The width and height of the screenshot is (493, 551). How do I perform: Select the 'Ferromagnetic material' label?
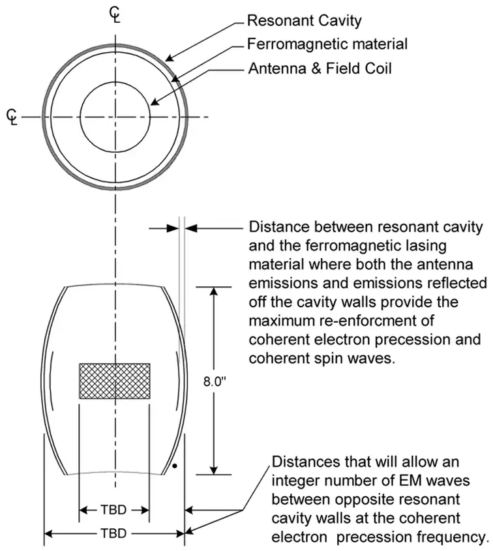(328, 44)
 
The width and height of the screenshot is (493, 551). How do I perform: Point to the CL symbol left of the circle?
(12, 117)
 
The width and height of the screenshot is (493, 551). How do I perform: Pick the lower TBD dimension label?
(114, 533)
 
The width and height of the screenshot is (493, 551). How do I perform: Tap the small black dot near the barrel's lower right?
(174, 466)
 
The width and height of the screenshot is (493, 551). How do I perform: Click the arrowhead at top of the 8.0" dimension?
(214, 291)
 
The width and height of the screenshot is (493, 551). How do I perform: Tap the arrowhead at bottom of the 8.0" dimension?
(214, 470)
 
